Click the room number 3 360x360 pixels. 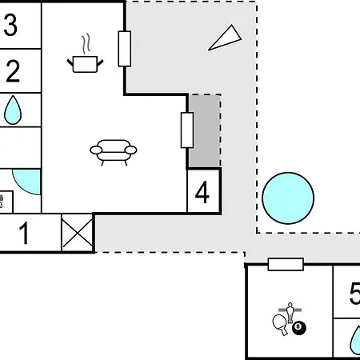[10, 25]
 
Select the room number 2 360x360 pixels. [13, 71]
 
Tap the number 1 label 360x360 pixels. [24, 234]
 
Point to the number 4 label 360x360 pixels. [202, 192]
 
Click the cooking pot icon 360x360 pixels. [85, 64]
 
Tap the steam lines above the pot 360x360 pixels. [86, 43]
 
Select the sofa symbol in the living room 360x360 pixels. [114, 152]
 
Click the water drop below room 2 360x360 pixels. [13, 110]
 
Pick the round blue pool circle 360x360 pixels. [288, 198]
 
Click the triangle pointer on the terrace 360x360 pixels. [226, 38]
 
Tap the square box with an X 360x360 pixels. [78, 233]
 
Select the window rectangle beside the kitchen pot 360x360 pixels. [125, 49]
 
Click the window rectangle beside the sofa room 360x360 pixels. [187, 130]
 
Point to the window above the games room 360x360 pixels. [286, 264]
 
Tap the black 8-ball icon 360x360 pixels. [299, 328]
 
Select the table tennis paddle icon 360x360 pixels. [281, 325]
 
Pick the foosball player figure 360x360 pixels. [290, 313]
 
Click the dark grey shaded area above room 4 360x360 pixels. [205, 131]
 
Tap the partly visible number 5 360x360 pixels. [354, 294]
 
